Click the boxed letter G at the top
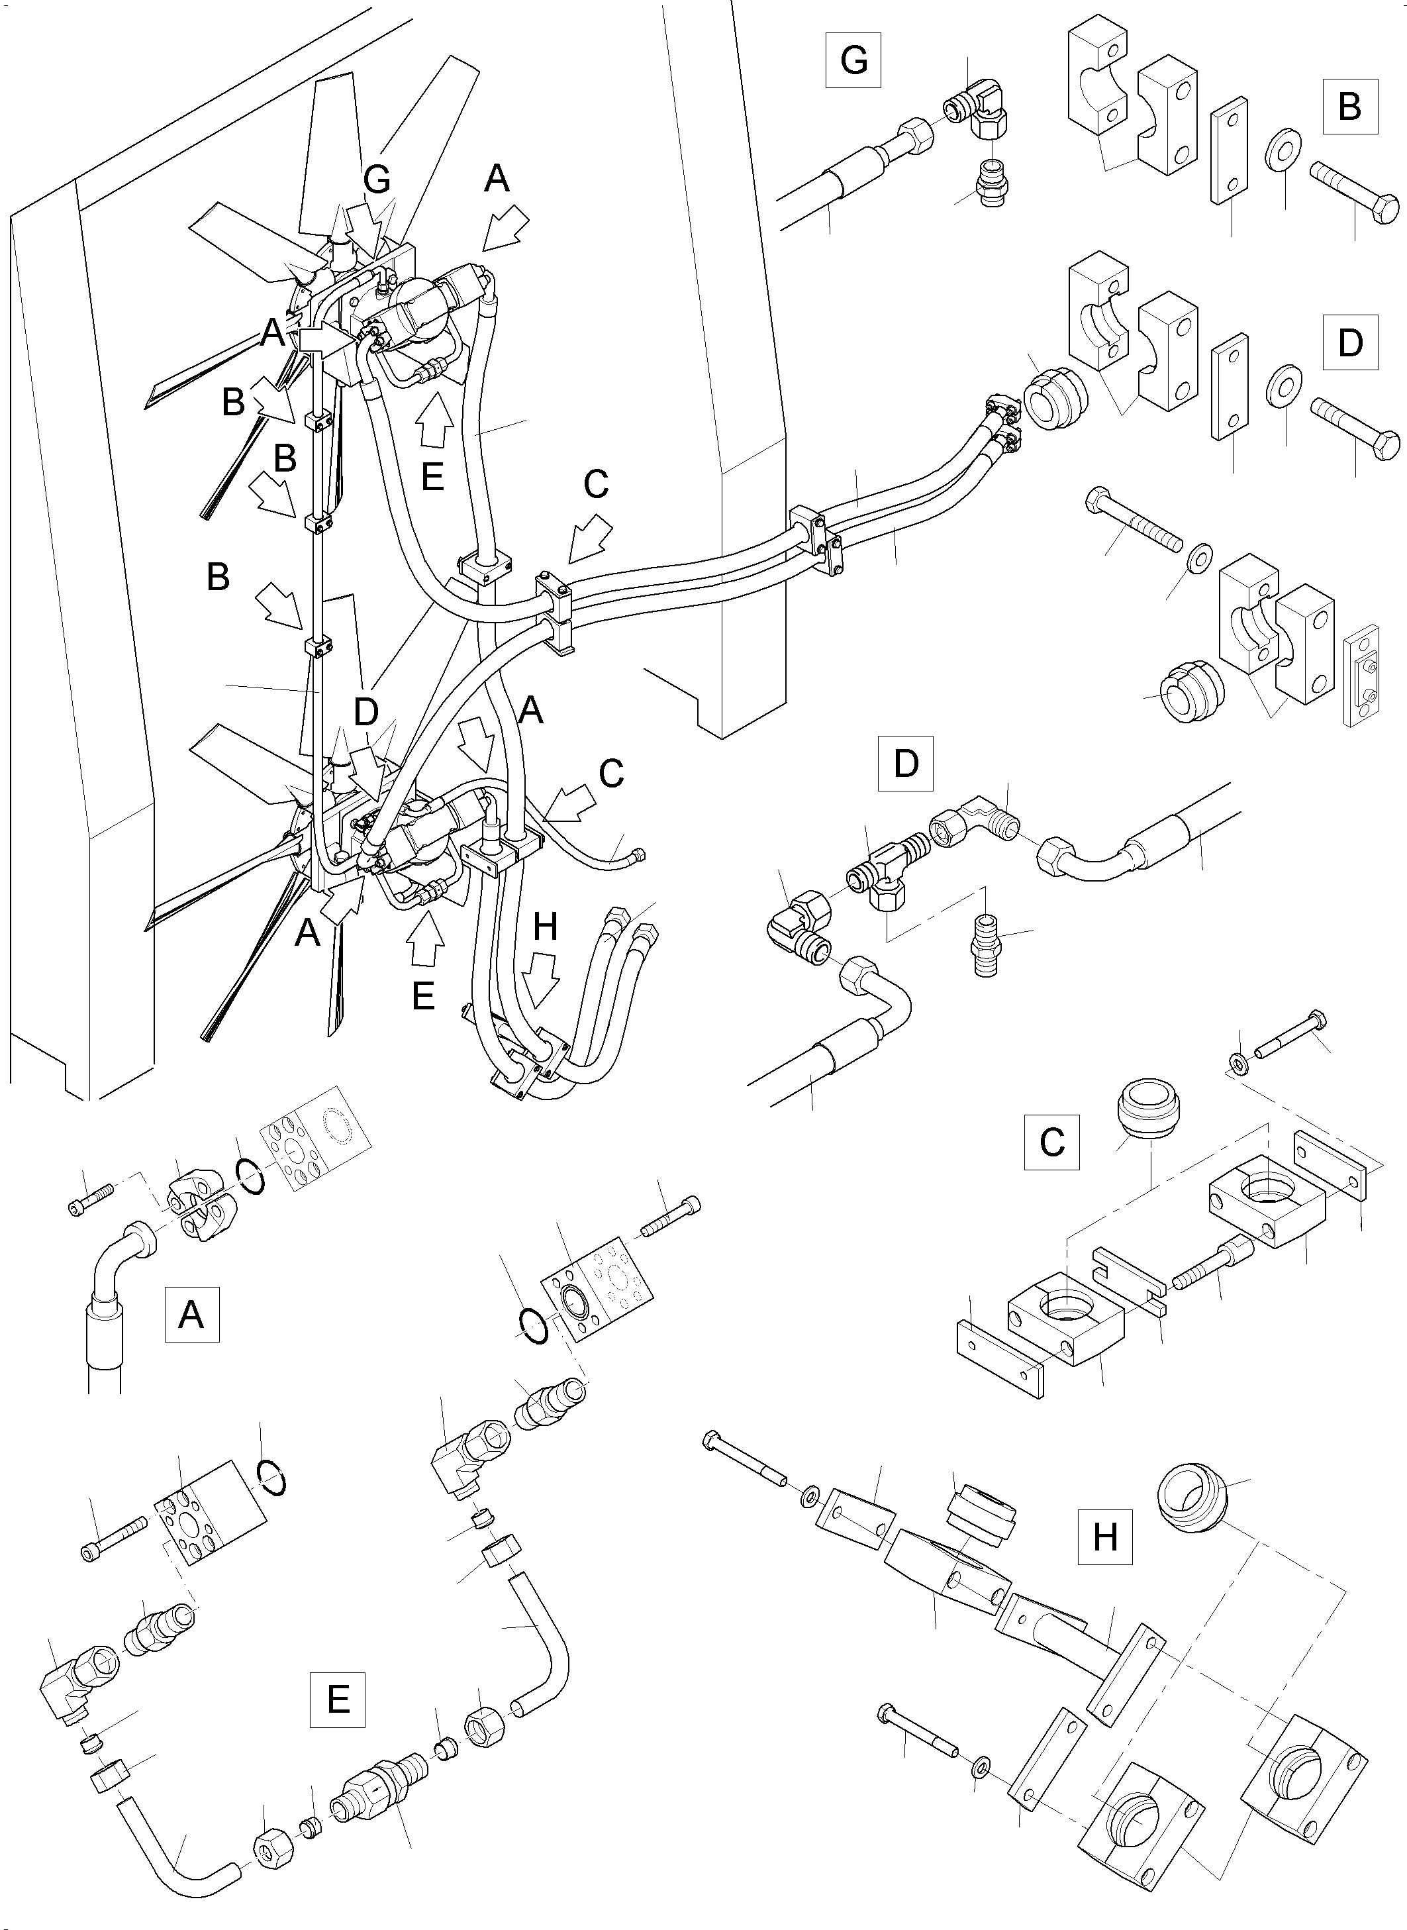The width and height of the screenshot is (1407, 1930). (853, 60)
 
